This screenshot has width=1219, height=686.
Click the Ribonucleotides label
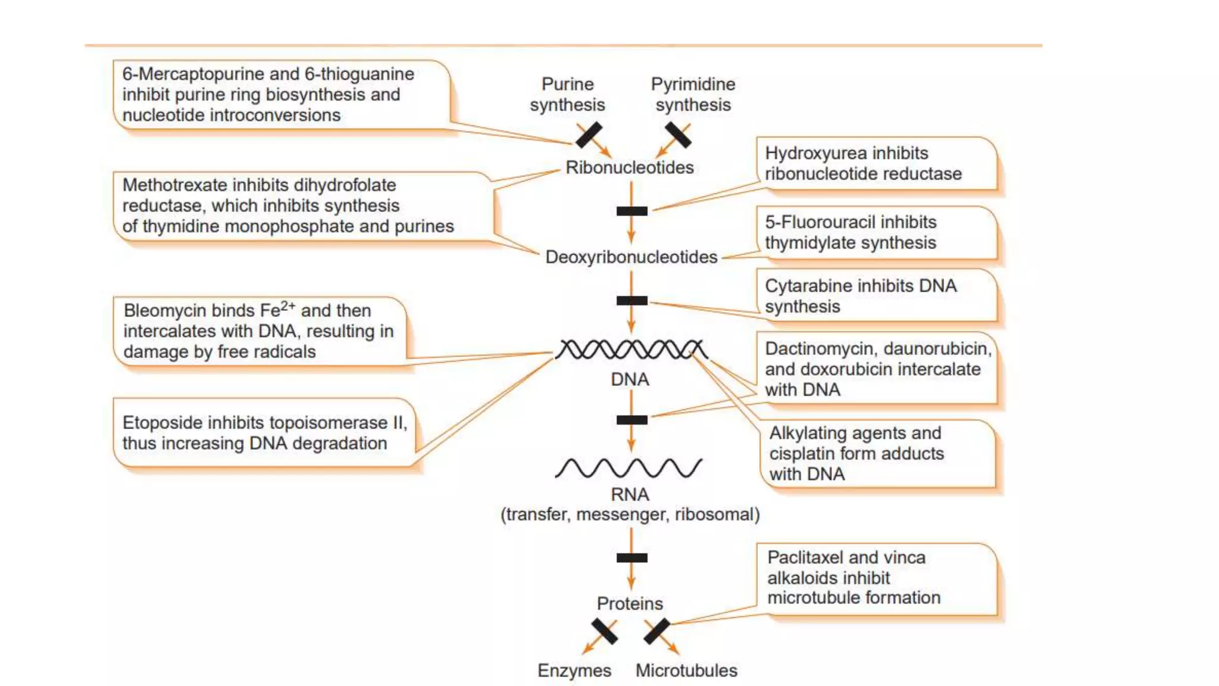point(629,167)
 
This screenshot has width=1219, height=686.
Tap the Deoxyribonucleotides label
point(631,257)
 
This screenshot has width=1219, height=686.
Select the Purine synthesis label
point(567,94)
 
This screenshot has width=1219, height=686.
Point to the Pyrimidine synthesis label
point(693,94)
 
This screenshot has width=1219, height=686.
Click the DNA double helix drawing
point(631,350)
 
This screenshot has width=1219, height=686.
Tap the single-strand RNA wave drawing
point(629,468)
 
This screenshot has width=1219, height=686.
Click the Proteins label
point(630,603)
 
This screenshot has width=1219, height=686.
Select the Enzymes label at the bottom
point(574,671)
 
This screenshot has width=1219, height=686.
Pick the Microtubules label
point(686,671)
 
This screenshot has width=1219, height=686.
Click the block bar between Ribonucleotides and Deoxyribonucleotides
point(632,211)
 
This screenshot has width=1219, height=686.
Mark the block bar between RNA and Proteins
point(632,558)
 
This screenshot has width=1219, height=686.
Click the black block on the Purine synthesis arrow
point(589,135)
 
